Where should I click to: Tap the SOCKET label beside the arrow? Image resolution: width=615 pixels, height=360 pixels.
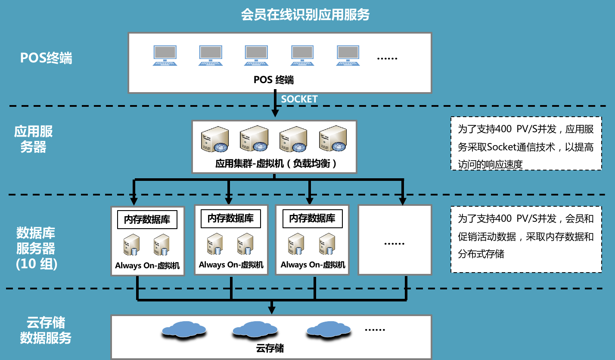[x=299, y=99]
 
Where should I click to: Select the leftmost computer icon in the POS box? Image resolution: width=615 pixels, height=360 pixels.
[x=165, y=56]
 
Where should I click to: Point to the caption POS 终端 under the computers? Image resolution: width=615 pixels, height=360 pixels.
[x=274, y=80]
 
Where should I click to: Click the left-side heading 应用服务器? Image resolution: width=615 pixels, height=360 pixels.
[x=34, y=139]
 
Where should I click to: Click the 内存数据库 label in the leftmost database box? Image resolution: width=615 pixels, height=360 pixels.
[x=147, y=220]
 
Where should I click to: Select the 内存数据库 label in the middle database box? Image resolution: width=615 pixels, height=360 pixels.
[x=231, y=218]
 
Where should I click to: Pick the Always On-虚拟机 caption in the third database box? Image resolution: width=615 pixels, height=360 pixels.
[x=313, y=265]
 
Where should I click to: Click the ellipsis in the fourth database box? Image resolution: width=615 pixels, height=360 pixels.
[x=394, y=243]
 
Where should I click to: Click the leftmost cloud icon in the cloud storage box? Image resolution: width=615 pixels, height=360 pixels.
[x=184, y=329]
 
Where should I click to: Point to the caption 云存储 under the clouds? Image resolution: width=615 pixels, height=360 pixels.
[x=270, y=348]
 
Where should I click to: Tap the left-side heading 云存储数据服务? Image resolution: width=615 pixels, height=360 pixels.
[x=46, y=330]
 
